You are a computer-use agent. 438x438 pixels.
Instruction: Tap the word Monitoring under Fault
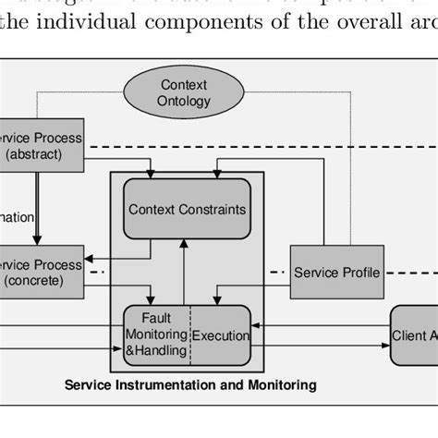[157, 335]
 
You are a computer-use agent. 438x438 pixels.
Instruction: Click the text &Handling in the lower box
[156, 351]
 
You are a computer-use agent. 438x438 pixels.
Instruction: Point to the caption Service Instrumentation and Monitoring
[189, 383]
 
